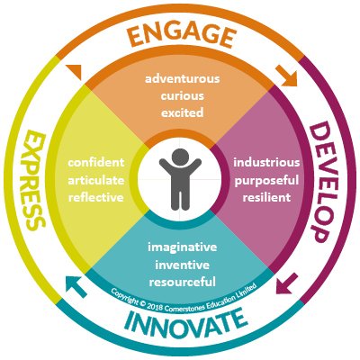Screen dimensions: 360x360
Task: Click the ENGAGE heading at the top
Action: (x=182, y=37)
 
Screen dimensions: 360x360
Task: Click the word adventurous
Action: (x=183, y=79)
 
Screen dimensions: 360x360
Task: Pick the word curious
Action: (x=183, y=96)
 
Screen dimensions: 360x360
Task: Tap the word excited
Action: (x=183, y=113)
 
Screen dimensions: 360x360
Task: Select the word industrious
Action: (x=266, y=163)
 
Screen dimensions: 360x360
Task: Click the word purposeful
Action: (x=266, y=181)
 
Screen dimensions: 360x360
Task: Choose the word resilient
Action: (x=266, y=197)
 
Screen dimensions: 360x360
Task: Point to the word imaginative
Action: (x=183, y=247)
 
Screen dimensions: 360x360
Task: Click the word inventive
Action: (x=183, y=265)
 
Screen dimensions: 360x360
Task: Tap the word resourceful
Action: (x=183, y=283)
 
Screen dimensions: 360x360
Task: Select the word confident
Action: (x=96, y=163)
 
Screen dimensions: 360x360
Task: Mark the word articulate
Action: (x=96, y=181)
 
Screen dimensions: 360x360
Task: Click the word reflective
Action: (x=96, y=197)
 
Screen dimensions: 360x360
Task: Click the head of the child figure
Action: (x=180, y=157)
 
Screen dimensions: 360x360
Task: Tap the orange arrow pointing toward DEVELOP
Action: (x=287, y=76)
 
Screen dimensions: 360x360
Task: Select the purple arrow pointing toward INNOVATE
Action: (x=287, y=283)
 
